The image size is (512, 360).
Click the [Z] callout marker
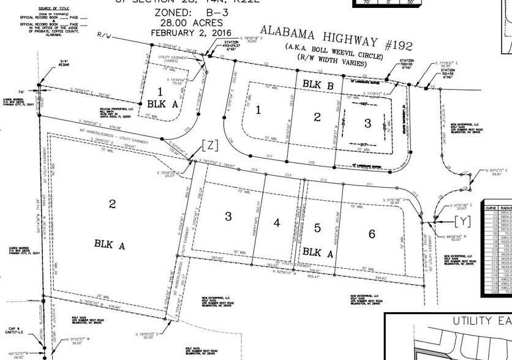tap(208, 145)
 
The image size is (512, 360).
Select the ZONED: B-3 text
tap(171, 12)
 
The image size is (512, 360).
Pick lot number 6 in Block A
tap(371, 233)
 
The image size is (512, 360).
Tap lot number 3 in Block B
tap(367, 123)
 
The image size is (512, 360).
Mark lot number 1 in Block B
tap(258, 110)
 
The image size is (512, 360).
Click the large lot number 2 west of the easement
tap(113, 204)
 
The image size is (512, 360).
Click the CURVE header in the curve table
tap(491, 208)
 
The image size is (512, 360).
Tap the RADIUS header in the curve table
tap(506, 208)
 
